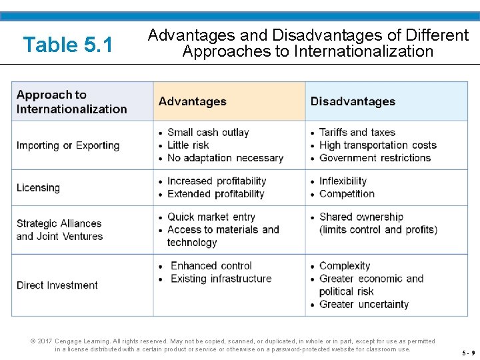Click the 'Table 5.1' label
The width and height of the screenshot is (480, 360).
(x=68, y=45)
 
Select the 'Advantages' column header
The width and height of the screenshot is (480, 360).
(x=192, y=102)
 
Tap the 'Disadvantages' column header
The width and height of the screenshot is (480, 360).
(x=353, y=102)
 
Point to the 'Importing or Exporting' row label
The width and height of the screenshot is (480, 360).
(x=68, y=145)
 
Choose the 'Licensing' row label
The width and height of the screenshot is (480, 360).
(x=38, y=188)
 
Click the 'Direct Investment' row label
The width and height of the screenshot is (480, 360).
(x=57, y=285)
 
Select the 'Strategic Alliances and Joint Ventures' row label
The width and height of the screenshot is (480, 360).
(x=59, y=230)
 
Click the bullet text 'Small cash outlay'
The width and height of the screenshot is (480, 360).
(x=208, y=133)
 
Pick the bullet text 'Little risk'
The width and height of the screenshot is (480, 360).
(x=188, y=145)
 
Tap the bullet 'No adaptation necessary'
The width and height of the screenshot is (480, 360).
(x=225, y=158)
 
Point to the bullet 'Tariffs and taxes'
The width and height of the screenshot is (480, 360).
(x=357, y=133)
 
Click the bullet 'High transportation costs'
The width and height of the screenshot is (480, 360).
(x=378, y=145)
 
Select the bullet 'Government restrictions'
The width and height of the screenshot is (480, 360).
(x=375, y=158)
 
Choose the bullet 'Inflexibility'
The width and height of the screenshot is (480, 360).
(x=343, y=181)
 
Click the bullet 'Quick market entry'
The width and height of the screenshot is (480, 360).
(x=211, y=217)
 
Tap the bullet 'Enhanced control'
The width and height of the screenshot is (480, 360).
(x=211, y=266)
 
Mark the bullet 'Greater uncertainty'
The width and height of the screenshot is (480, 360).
(x=364, y=305)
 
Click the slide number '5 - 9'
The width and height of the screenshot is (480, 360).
(x=467, y=353)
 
